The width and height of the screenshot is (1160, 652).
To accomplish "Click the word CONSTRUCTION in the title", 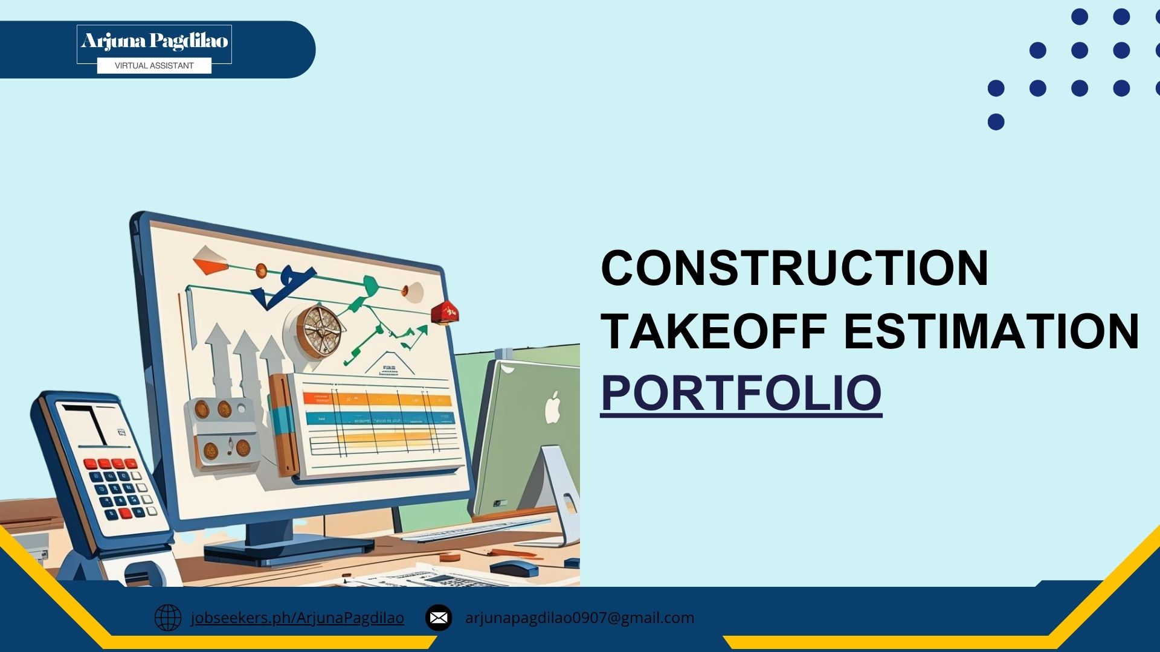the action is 794,268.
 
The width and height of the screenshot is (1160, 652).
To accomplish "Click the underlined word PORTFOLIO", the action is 741,394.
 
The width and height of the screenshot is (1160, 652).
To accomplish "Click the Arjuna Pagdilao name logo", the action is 154,41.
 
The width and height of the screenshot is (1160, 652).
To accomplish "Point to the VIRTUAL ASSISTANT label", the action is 154,66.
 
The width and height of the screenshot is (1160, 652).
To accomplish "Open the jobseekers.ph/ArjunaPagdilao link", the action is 297,618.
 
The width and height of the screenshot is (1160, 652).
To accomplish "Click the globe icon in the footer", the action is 167,618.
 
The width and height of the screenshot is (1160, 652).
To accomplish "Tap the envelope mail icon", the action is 439,618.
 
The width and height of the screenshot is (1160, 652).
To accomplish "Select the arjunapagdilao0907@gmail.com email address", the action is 579,618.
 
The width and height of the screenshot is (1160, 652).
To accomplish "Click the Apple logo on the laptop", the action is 553,407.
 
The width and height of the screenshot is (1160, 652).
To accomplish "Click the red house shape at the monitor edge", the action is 445,313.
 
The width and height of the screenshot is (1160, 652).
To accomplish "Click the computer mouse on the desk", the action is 514,567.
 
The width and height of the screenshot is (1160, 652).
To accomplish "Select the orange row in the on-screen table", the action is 378,399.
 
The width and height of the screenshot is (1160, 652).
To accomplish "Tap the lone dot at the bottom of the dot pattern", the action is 996,122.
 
